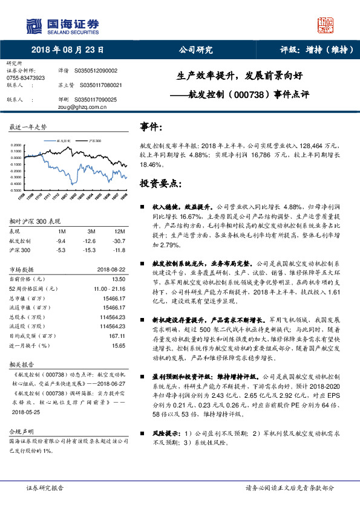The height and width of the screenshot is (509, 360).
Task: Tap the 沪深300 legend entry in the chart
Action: [x=95, y=140]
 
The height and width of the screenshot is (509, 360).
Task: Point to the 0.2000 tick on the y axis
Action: [x=17, y=146]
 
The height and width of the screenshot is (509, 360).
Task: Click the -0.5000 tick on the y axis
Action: [x=16, y=190]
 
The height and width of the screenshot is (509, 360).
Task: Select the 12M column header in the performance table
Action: [x=119, y=231]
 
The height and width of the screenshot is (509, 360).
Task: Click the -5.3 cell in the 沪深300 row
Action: [x=61, y=249]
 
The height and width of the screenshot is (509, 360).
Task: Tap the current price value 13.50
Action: [x=119, y=279]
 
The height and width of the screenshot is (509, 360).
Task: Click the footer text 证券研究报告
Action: [x=45, y=487]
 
